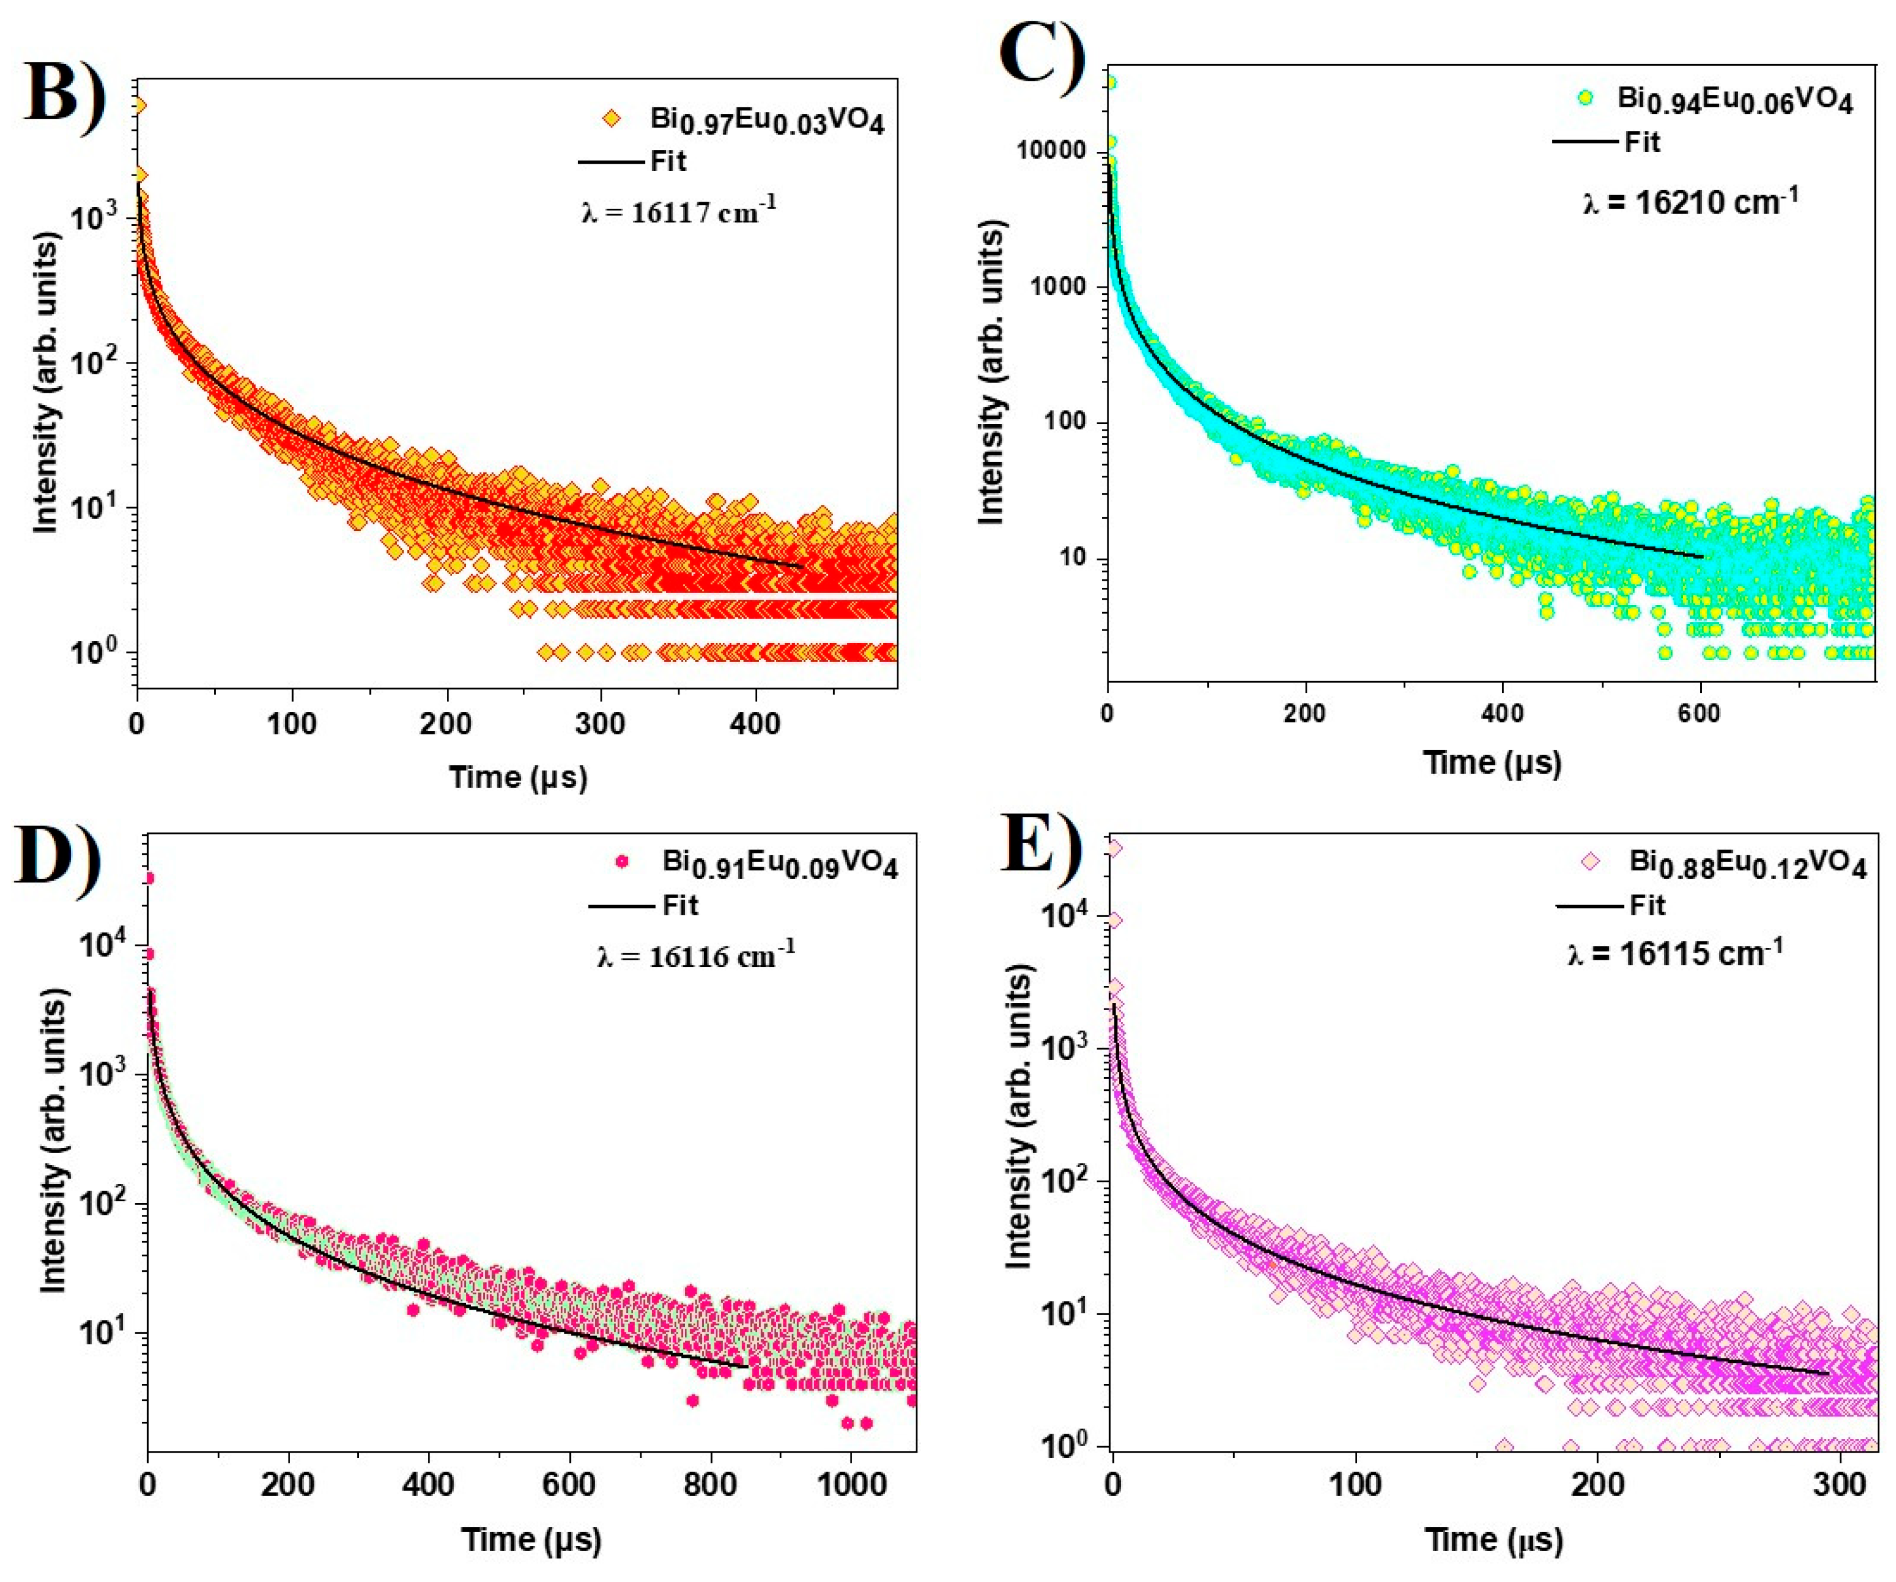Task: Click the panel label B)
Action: [x=63, y=95]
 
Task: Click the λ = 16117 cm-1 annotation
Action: [x=677, y=212]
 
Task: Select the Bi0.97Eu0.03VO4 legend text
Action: [x=767, y=119]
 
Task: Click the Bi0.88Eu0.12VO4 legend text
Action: [x=1747, y=864]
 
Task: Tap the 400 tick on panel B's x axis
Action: [x=755, y=723]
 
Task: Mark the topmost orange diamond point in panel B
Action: [x=138, y=106]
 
